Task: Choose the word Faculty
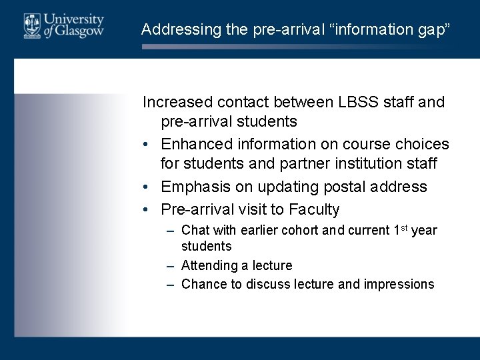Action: tap(314, 209)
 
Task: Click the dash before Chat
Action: tap(171, 231)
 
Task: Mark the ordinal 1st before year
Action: tap(400, 230)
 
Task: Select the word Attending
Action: tap(209, 266)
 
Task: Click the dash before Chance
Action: tap(171, 284)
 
